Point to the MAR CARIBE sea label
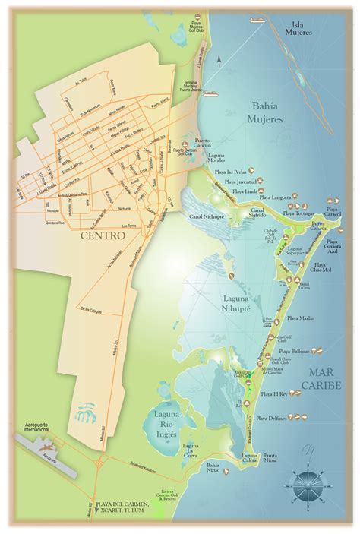pyautogui.click(x=328, y=376)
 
